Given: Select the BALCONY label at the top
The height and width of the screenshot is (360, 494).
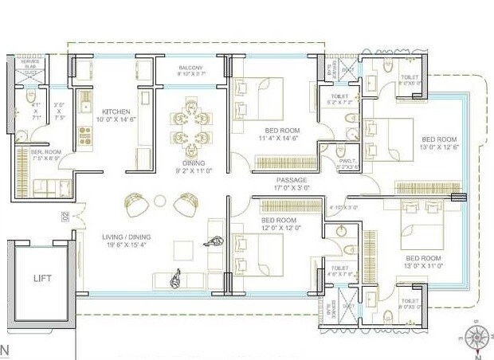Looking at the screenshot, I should [191, 68].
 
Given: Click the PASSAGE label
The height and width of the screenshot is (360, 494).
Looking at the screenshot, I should [292, 181].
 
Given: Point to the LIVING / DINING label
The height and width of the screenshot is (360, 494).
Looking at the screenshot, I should [126, 237].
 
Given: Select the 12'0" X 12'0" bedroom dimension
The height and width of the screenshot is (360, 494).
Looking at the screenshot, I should [279, 229].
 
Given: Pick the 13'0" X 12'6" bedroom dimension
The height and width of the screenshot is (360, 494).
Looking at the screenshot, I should [438, 147].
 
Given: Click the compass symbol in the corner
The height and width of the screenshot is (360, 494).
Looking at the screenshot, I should [476, 338].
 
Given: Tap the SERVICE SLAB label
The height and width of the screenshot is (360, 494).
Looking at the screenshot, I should [29, 64].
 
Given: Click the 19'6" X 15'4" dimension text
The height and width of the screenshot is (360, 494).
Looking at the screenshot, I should [126, 245].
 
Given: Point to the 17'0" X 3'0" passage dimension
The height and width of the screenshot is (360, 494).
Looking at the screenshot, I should [292, 190].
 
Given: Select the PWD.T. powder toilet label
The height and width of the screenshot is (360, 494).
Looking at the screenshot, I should [347, 161].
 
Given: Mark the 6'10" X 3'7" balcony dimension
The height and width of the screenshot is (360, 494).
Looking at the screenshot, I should [191, 75].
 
